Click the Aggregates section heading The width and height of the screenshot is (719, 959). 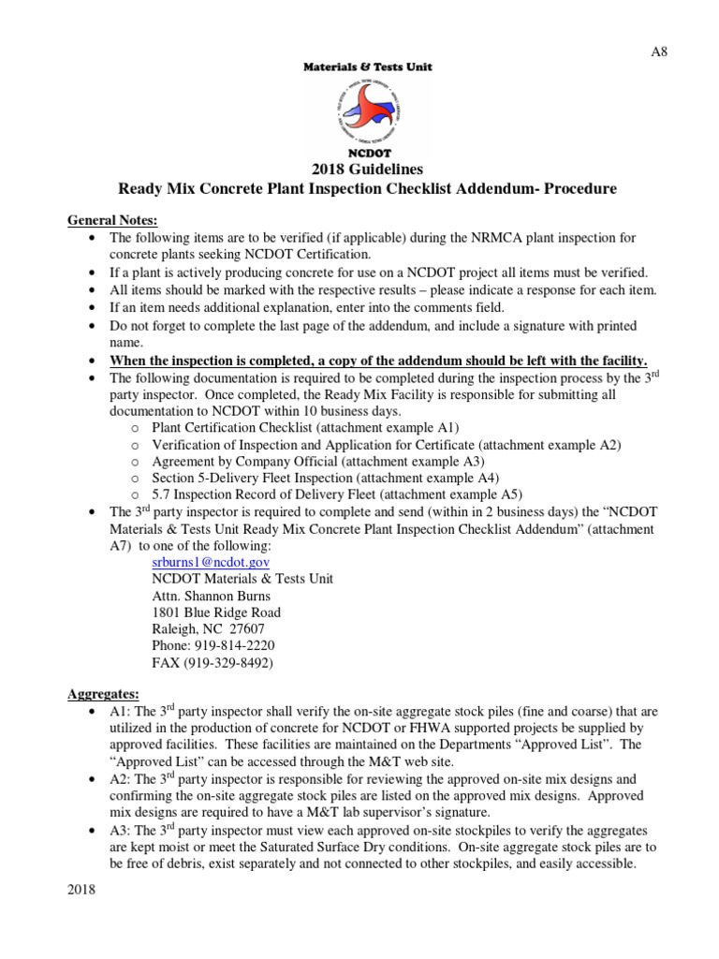click(103, 694)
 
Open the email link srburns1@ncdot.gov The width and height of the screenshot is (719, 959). click(211, 562)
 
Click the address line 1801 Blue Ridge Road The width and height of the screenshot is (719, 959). click(215, 612)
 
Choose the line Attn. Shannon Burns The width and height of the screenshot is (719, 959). click(213, 596)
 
